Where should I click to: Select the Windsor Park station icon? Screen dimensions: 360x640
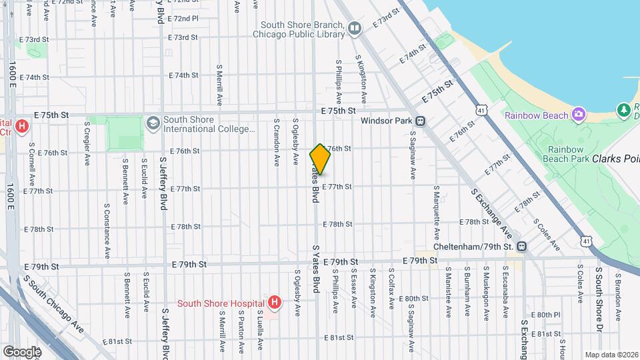coord(421,121)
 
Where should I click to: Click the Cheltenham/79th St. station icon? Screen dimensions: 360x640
coord(522,247)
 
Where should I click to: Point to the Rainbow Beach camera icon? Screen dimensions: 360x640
coord(578,115)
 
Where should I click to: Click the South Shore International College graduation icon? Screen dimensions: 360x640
coord(153,123)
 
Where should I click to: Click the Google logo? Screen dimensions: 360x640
coord(22,351)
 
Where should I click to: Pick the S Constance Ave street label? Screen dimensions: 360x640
coord(106,231)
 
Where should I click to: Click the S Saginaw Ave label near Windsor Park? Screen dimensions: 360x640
coord(413,155)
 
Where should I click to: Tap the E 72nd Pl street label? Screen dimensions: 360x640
coord(183,19)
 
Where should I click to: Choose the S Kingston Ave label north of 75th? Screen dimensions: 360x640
coord(361,79)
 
